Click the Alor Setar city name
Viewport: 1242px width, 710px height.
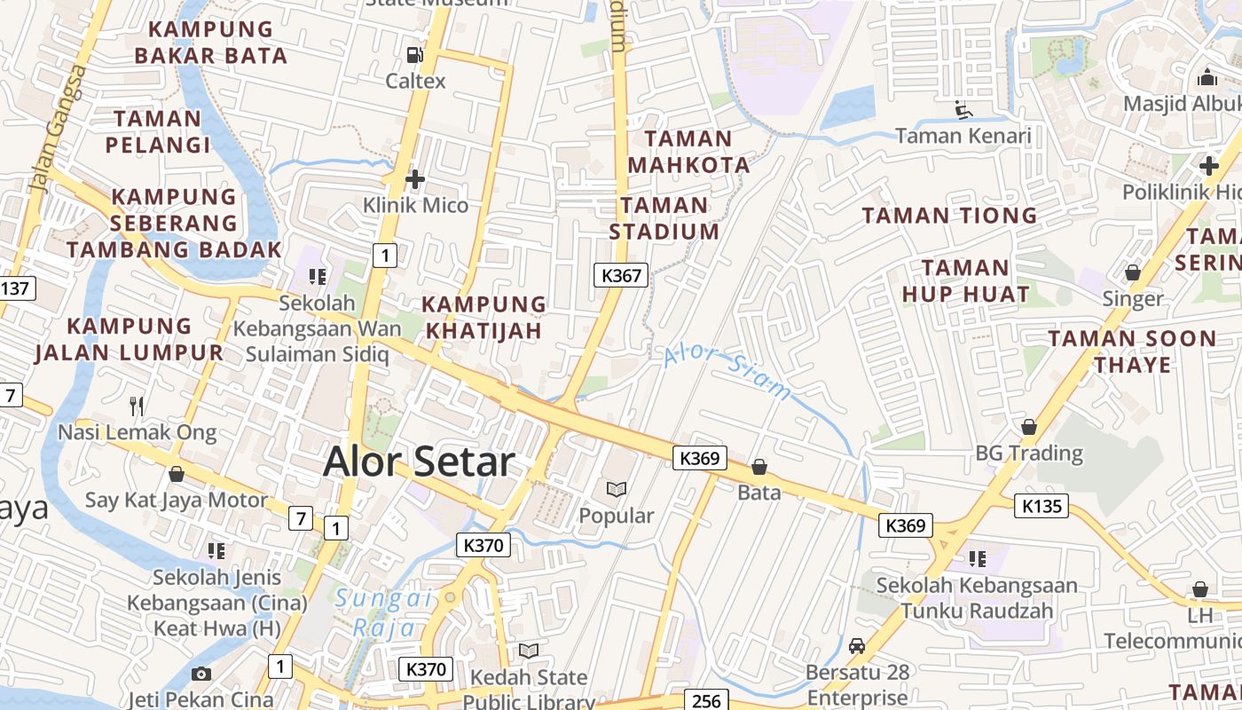click(x=419, y=462)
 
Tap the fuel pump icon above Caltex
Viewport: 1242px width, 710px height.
click(x=414, y=55)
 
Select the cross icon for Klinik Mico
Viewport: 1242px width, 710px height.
click(x=414, y=180)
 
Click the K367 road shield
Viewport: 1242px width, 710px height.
click(x=621, y=275)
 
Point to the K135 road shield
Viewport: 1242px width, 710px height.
click(x=1042, y=506)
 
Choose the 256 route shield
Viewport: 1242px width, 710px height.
click(x=706, y=700)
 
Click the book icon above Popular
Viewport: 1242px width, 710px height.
click(x=617, y=489)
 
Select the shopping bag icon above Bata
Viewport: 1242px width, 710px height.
click(x=759, y=467)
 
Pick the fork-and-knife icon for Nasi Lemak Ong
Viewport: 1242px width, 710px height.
click(x=137, y=406)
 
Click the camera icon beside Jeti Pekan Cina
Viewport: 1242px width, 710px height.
click(x=201, y=674)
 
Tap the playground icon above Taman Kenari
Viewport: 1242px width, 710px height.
click(x=963, y=110)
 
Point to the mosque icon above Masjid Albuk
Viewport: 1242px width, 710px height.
click(x=1206, y=78)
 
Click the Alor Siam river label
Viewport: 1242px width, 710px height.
click(x=727, y=372)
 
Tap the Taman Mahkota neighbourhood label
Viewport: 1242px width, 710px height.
click(x=688, y=152)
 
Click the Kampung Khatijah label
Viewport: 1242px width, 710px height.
click(x=483, y=317)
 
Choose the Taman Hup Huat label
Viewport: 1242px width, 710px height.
click(x=965, y=280)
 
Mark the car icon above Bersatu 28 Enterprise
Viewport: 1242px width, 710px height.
click(x=857, y=646)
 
